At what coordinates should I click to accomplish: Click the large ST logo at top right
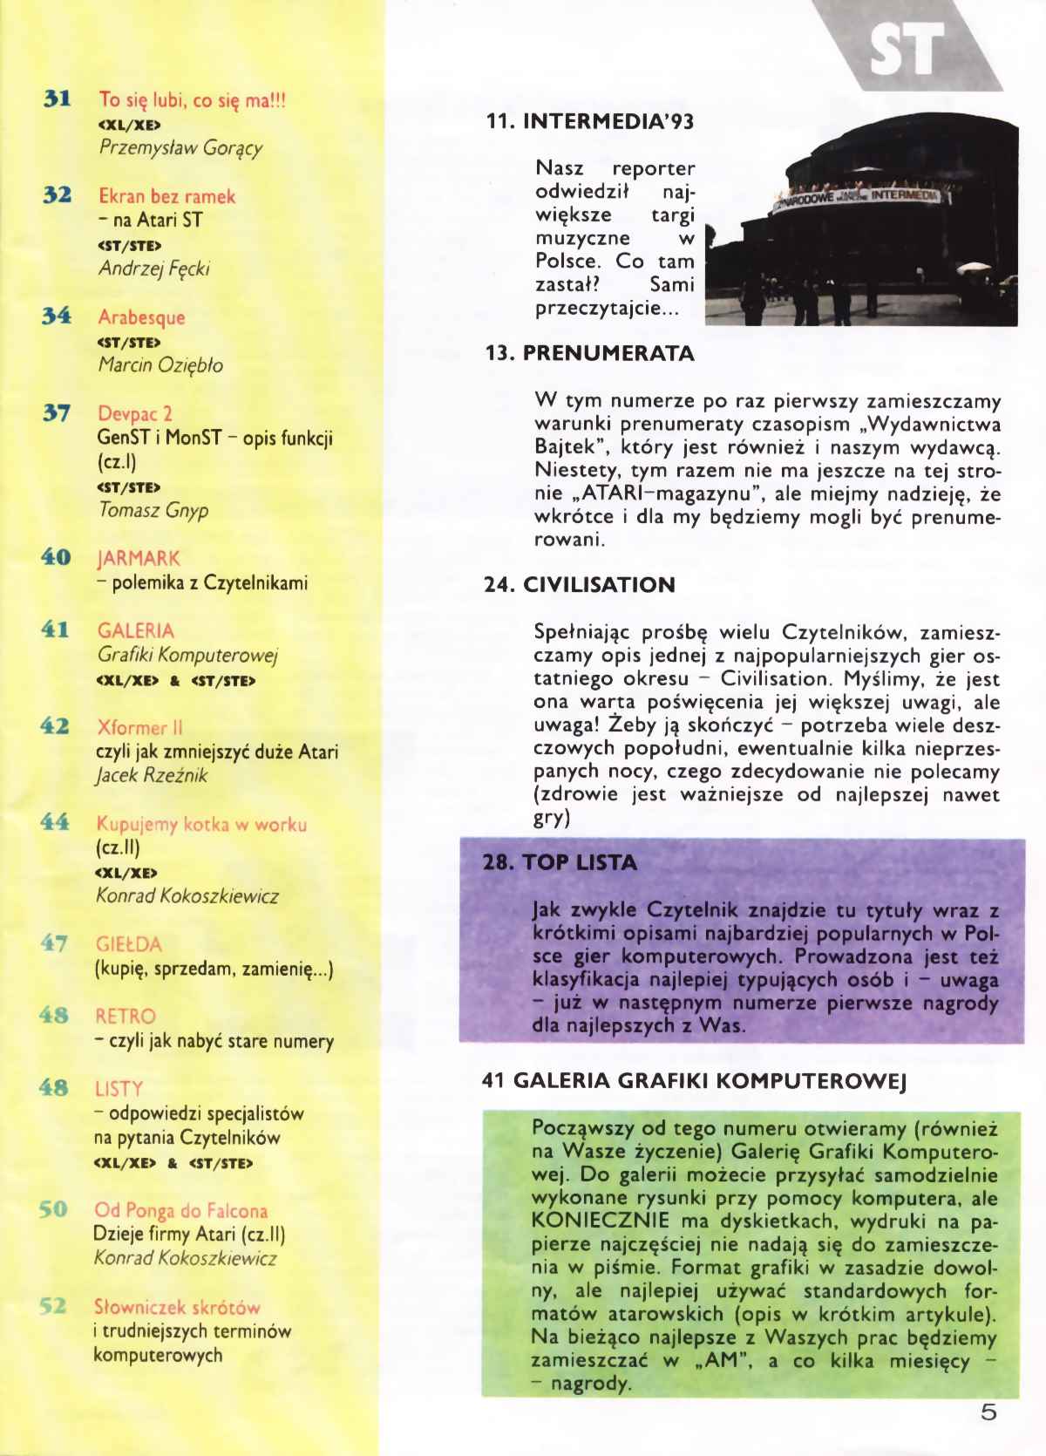(907, 49)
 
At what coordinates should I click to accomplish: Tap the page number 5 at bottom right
(988, 1412)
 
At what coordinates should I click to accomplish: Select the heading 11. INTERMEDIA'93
(589, 122)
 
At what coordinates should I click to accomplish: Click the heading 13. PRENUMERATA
(589, 354)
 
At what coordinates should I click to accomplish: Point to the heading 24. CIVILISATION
(580, 585)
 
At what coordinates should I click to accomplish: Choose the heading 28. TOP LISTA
(560, 863)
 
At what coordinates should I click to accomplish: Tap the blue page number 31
(57, 99)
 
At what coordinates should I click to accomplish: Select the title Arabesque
(141, 317)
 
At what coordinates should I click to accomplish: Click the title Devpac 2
(134, 413)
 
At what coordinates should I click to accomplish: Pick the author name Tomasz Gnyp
(153, 510)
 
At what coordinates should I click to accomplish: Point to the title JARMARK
(139, 558)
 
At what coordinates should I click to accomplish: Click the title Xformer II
(139, 727)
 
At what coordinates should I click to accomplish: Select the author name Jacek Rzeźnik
(152, 775)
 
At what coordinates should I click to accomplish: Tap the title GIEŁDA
(128, 944)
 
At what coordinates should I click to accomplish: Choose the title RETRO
(126, 1017)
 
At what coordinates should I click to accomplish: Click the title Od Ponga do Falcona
(180, 1210)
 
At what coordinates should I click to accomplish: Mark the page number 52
(53, 1306)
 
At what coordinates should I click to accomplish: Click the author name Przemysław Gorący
(180, 147)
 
